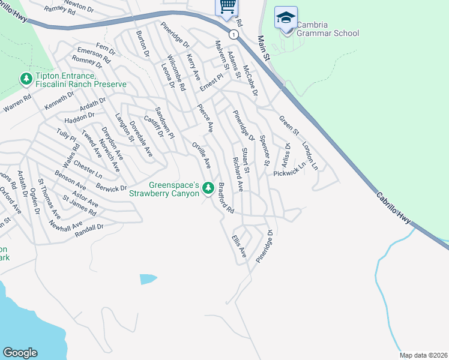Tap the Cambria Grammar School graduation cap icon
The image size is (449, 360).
285,17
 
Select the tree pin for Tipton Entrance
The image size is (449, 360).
26,79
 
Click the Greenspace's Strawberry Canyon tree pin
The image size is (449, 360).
208,188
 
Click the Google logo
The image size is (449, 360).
20,353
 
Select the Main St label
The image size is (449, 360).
265,48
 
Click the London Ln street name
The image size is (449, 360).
310,155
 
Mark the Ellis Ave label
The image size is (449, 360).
239,246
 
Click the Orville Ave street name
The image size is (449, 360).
201,155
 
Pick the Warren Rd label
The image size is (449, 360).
17,104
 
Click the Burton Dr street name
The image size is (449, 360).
142,44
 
